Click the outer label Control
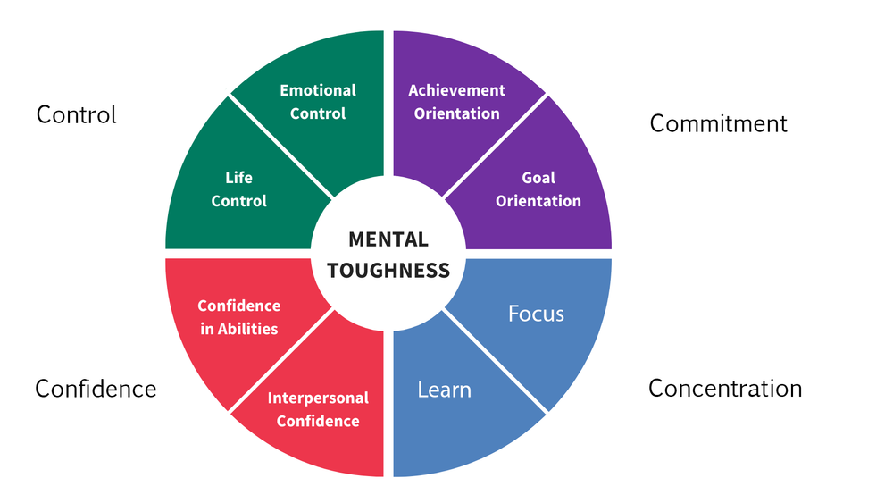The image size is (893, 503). click(77, 114)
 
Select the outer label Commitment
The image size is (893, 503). click(719, 123)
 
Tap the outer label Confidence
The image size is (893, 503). click(96, 389)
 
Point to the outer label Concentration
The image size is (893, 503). click(725, 389)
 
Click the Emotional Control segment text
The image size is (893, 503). click(318, 102)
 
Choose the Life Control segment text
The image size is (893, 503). click(238, 189)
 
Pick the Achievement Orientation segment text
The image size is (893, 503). click(456, 102)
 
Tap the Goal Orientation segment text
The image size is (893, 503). click(538, 189)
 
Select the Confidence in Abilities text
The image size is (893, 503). click(238, 317)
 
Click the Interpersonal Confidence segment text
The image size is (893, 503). click(318, 409)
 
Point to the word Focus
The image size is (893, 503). click(536, 314)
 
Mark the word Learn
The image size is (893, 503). click(445, 390)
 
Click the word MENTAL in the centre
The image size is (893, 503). click(388, 239)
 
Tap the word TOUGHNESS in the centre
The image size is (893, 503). click(388, 270)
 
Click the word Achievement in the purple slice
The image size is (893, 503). click(456, 90)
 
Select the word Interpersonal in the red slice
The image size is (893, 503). click(318, 398)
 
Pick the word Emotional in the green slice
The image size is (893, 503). click(318, 90)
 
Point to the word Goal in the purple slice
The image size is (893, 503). click(538, 178)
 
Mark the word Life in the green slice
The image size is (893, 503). click(238, 178)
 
